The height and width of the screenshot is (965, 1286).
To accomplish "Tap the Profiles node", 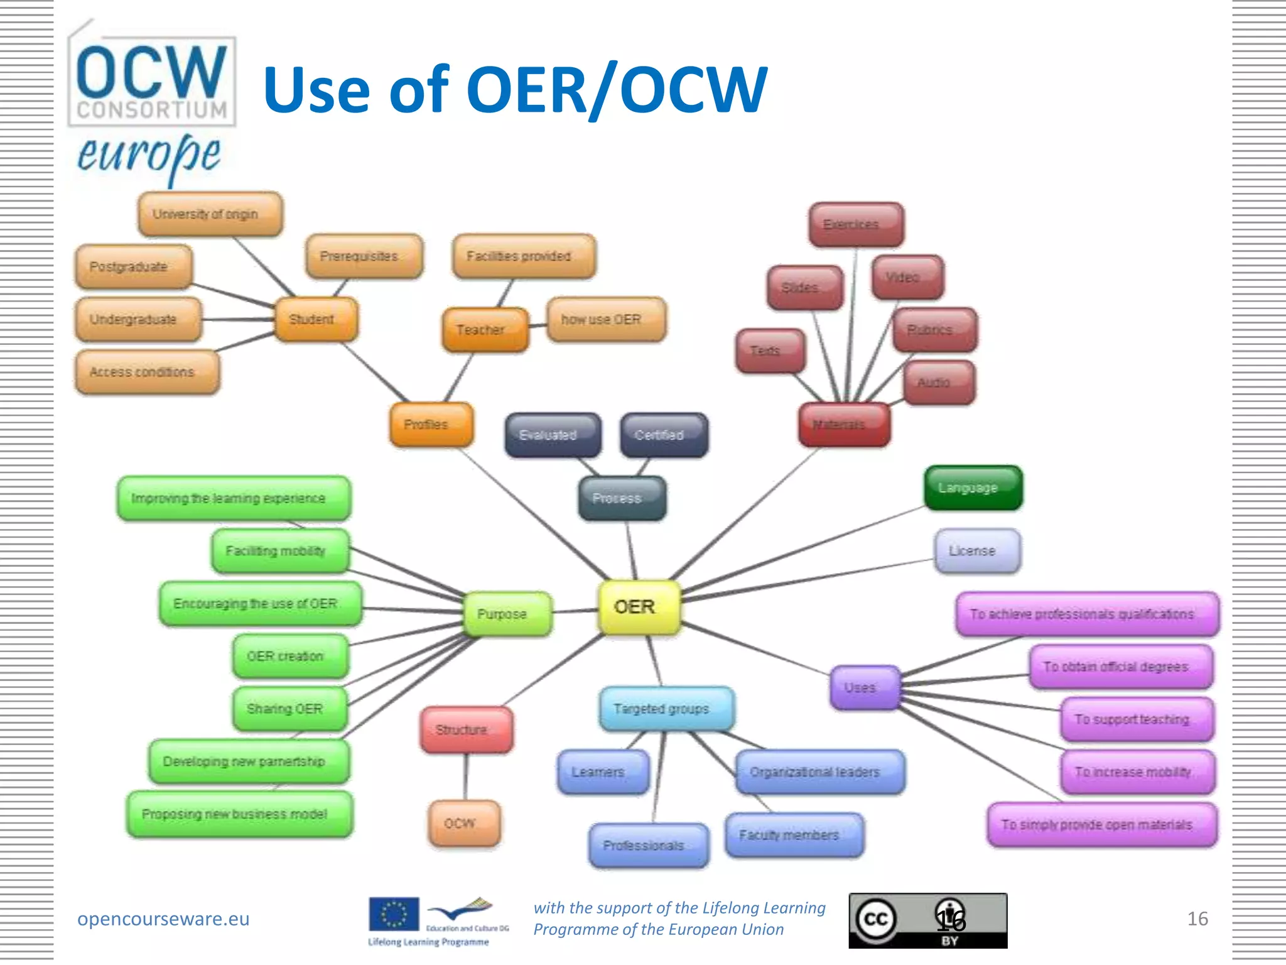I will click(431, 425).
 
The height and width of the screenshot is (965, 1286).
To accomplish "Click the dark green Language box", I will click(973, 488).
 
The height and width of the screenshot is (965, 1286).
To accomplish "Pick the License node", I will click(977, 551).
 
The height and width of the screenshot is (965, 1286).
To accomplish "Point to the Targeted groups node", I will click(666, 709).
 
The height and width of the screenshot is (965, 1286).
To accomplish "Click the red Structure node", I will click(466, 729).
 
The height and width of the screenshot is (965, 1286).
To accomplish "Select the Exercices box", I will click(856, 224).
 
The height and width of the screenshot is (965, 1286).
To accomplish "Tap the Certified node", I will click(664, 435).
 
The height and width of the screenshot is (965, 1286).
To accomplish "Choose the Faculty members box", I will click(794, 835).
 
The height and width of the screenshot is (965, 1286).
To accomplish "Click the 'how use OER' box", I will click(605, 320).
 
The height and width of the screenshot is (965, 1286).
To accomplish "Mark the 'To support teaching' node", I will click(1137, 719).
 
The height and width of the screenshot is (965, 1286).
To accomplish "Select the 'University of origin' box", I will click(210, 214).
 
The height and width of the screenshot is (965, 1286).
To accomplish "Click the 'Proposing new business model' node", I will click(239, 814).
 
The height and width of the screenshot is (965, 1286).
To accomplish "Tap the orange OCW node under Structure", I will click(464, 823).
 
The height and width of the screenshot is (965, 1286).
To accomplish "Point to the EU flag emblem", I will click(394, 914).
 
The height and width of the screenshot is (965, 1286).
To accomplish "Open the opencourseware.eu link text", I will click(163, 919).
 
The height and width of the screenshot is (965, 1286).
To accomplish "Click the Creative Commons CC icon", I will click(875, 919).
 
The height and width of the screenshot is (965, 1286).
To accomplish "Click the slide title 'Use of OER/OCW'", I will click(515, 89).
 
